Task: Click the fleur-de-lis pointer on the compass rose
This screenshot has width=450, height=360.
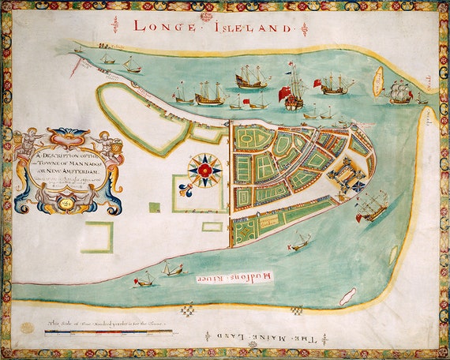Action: click(186, 189)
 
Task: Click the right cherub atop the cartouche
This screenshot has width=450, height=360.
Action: click(106, 144)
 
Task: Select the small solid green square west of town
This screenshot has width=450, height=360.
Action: click(155, 208)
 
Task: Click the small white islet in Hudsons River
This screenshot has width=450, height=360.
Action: click(347, 296)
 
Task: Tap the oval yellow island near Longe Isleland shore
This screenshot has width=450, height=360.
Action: click(378, 81)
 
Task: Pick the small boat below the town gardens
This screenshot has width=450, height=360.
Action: click(298, 242)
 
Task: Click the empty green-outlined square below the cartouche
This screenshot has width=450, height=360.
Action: click(98, 237)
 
